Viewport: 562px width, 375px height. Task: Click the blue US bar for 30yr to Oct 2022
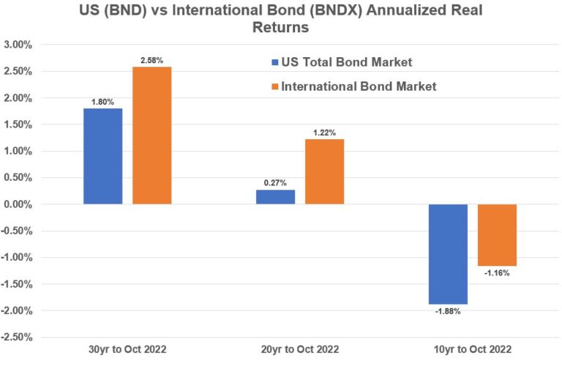point(102,156)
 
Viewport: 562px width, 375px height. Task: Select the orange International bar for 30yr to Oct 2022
point(151,135)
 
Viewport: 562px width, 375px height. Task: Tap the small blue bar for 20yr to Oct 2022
point(275,196)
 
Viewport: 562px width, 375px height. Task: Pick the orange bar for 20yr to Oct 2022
point(324,171)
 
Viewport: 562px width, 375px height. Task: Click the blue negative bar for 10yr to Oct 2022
point(448,253)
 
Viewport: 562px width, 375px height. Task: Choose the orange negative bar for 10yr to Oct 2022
point(497,234)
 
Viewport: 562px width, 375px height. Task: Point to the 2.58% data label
point(152,60)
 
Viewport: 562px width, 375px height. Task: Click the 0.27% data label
point(276,183)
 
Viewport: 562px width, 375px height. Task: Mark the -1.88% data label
point(448,311)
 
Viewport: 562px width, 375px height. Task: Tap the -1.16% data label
point(497,273)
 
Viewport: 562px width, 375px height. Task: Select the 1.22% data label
point(324,133)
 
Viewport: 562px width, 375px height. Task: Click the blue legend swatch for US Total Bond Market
point(274,62)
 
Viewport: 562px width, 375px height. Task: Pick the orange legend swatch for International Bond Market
point(274,86)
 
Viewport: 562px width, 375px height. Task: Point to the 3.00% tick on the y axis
point(17,45)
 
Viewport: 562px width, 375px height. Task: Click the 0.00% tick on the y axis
point(17,204)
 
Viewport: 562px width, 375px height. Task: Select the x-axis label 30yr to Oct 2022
point(127,350)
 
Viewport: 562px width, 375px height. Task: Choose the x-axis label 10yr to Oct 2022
point(472,350)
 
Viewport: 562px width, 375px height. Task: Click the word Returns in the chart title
point(281,29)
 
